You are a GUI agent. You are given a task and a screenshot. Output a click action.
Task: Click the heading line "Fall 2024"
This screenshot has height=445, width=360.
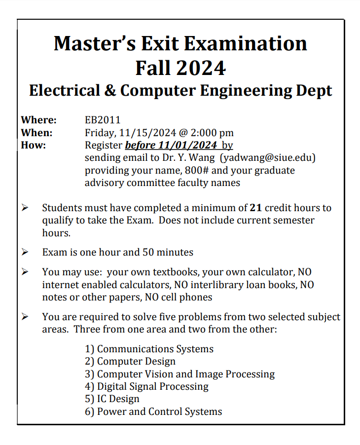[x=180, y=68]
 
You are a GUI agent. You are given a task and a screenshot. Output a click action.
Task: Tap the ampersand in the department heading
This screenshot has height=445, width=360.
[x=107, y=91]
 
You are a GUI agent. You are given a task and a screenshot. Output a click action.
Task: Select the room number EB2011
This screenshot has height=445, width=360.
[x=103, y=120]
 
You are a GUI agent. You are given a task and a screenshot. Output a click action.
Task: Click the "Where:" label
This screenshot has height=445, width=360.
[x=39, y=120]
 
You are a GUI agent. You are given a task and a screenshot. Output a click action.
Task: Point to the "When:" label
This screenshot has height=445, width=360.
[x=36, y=133]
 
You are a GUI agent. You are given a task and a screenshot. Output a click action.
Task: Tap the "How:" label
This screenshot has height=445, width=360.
[x=34, y=146]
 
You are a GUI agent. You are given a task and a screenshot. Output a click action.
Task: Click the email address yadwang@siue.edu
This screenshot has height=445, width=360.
[x=268, y=158]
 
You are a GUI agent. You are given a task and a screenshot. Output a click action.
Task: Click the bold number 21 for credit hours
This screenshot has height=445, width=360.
[x=256, y=208]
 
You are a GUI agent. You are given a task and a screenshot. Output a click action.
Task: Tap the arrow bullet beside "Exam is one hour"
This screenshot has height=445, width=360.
[x=25, y=252]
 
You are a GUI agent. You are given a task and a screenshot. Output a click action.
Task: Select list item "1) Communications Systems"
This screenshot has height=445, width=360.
[x=149, y=349]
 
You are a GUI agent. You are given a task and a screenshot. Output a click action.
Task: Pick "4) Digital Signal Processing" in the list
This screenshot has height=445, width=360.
[x=146, y=386]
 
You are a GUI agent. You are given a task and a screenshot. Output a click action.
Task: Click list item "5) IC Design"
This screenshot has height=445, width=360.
[x=112, y=399]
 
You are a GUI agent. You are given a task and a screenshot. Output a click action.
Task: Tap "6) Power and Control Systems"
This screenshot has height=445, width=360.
[x=153, y=411]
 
